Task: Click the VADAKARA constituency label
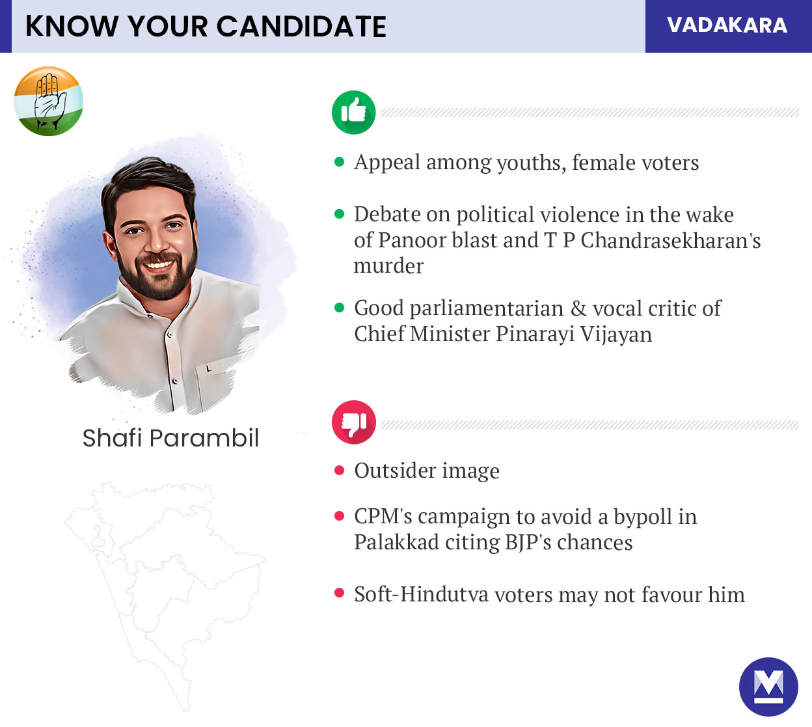[x=727, y=25]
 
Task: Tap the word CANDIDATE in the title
[x=301, y=27]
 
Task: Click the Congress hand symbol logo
[x=49, y=101]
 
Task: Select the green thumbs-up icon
[x=353, y=112]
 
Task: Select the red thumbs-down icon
[x=353, y=422]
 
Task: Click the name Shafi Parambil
[x=170, y=438]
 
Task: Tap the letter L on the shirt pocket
[x=208, y=368]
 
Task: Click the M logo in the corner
[x=768, y=687]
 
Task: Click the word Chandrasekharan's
[x=670, y=240]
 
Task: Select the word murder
[x=388, y=266]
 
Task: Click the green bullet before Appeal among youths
[x=339, y=162]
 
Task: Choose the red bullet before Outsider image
[x=339, y=470]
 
